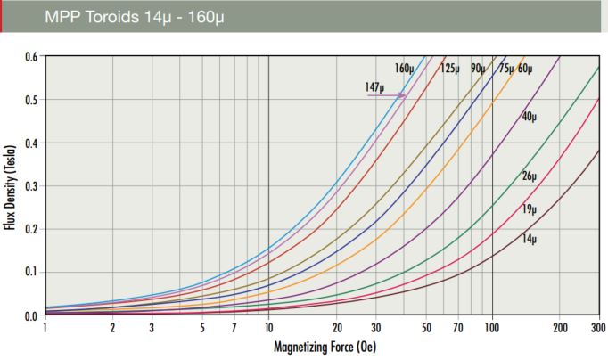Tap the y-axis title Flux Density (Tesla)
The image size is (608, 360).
coord(11,185)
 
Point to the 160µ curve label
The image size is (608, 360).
coord(405,69)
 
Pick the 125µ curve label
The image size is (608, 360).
coord(449,69)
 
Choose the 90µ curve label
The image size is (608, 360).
coord(478,69)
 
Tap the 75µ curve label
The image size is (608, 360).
coord(505,69)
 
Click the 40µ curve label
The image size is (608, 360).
coord(530,117)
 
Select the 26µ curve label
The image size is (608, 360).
coord(530,176)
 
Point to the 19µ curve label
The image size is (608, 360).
coord(530,209)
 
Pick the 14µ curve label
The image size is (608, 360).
coord(530,240)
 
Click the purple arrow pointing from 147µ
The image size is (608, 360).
coord(387,94)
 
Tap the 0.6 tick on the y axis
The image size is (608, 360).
coord(30,56)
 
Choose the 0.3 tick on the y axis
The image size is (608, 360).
coord(30,185)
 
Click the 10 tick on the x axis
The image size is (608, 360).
coord(268,328)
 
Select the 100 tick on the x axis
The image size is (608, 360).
coord(492,328)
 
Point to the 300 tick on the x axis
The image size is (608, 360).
coord(598,328)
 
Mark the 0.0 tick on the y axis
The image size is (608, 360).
coord(30,315)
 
